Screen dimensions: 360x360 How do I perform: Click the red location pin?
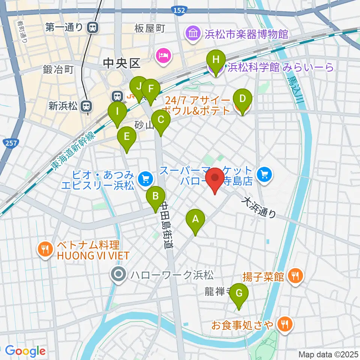click(x=215, y=180)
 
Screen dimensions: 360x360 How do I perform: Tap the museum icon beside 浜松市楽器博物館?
click(x=193, y=34)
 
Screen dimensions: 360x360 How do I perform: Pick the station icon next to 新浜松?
click(x=87, y=106)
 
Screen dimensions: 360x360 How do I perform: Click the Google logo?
click(x=25, y=351)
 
